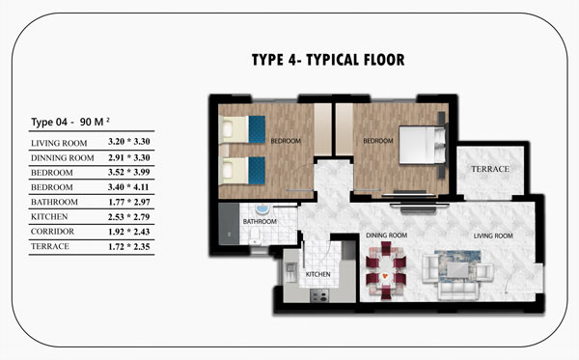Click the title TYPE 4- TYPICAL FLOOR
tap(328, 60)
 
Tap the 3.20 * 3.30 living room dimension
tap(129, 142)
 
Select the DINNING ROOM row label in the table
tap(63, 158)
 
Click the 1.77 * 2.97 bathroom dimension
tap(129, 202)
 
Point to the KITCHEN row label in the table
tap(49, 217)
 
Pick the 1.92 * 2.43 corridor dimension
tap(129, 232)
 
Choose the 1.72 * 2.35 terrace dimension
tap(129, 247)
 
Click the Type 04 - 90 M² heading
tap(70, 122)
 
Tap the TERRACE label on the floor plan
tap(490, 169)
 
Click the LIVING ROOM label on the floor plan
tap(493, 235)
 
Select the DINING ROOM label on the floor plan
tap(387, 235)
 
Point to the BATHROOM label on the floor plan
tap(260, 222)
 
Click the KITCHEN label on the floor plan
tap(317, 274)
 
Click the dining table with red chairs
tap(386, 270)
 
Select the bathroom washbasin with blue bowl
tap(262, 209)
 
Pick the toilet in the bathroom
tap(255, 235)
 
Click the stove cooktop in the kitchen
tap(319, 295)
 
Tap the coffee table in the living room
tap(458, 269)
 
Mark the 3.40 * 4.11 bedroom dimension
tap(129, 187)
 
